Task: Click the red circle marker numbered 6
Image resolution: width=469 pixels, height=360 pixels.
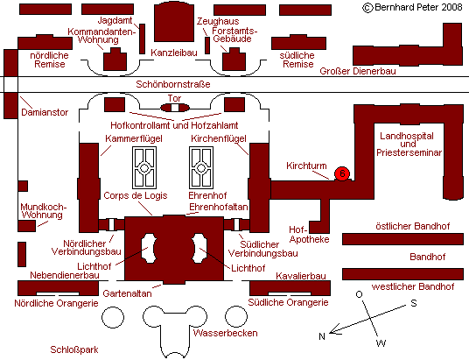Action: click(x=342, y=173)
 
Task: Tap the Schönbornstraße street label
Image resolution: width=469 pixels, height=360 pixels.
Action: click(x=173, y=84)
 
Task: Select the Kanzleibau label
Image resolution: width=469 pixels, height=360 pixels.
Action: click(x=174, y=53)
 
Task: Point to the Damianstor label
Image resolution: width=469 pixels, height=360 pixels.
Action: click(x=45, y=112)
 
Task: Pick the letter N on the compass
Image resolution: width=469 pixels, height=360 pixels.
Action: click(x=322, y=336)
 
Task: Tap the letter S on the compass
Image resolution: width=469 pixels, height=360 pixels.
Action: click(x=414, y=303)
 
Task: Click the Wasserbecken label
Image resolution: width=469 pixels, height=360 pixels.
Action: click(x=225, y=333)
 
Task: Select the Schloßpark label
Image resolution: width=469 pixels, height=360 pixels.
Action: click(x=74, y=349)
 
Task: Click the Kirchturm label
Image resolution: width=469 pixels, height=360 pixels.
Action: click(x=306, y=166)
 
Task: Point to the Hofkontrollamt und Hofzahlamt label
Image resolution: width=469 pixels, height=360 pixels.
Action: click(x=174, y=125)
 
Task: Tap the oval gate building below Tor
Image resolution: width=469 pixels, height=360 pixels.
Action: click(x=175, y=108)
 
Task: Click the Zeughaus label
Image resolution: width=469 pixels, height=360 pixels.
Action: click(x=218, y=21)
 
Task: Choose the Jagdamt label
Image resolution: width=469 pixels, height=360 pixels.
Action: click(x=115, y=20)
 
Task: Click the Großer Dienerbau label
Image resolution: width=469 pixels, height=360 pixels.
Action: click(x=358, y=71)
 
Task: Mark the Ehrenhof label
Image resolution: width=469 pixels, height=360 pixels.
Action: click(x=207, y=195)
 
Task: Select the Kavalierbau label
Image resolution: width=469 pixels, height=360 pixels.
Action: click(x=301, y=276)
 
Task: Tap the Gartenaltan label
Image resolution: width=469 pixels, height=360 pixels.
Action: click(x=127, y=293)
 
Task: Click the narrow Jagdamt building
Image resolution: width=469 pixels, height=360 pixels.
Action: click(x=143, y=39)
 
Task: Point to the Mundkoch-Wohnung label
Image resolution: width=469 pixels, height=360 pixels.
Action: click(x=44, y=211)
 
